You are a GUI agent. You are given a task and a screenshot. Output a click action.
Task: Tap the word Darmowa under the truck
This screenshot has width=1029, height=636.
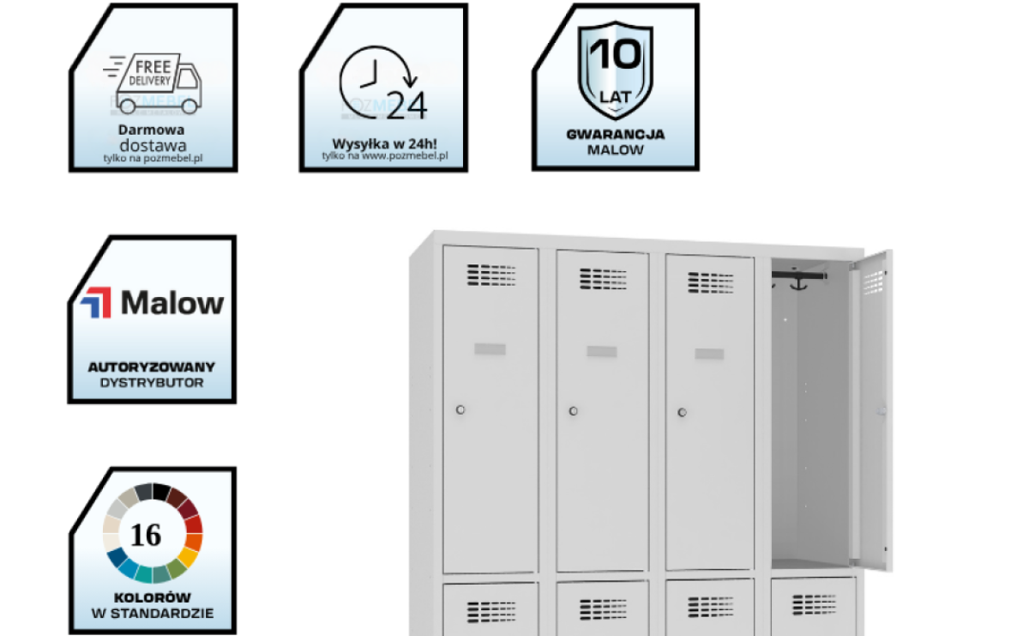(x=152, y=130)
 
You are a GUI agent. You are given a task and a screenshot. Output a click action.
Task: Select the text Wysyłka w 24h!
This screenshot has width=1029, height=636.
(x=383, y=142)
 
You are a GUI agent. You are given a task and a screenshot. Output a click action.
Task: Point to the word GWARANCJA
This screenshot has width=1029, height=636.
(x=615, y=135)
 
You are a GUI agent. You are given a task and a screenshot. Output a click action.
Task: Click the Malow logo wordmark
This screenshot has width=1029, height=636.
(x=172, y=303)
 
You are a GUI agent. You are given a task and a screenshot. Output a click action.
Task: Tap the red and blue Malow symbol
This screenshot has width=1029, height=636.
(x=96, y=303)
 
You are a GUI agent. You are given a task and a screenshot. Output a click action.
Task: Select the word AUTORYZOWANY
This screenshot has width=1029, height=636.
(x=152, y=367)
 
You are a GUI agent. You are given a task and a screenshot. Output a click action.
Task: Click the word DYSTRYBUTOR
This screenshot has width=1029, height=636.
(x=152, y=382)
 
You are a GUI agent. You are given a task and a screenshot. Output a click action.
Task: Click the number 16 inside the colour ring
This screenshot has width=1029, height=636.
(x=147, y=535)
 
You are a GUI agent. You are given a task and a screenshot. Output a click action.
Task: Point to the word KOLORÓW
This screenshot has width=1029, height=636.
(x=152, y=597)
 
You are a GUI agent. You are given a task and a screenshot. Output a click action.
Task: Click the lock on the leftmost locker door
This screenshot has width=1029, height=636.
(x=460, y=410)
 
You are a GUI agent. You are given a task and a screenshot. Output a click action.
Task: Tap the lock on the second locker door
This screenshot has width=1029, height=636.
(x=573, y=411)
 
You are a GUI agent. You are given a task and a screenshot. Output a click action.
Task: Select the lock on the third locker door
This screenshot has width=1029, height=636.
(x=683, y=413)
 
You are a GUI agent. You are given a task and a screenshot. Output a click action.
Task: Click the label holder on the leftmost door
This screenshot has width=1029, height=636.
(x=490, y=349)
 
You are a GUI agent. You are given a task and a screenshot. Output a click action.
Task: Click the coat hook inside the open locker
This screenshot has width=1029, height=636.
(x=797, y=281)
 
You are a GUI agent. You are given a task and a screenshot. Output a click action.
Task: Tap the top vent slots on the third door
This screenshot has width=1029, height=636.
(x=711, y=282)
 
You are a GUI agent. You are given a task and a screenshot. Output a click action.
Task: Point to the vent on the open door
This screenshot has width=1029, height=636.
(x=873, y=281)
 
